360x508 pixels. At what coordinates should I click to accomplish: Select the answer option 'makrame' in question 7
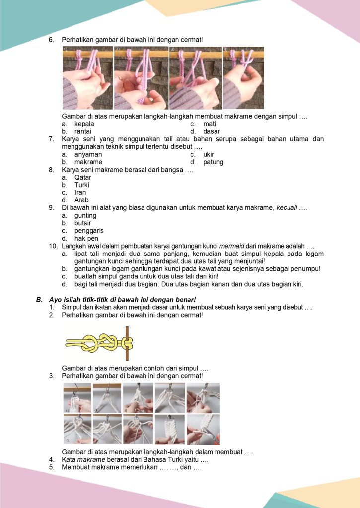(88, 162)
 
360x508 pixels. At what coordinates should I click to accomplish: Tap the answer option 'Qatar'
(83, 177)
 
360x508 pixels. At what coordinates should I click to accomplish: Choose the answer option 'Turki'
(82, 185)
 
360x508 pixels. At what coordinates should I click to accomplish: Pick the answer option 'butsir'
(83, 223)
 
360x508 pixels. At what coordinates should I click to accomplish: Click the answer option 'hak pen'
(85, 239)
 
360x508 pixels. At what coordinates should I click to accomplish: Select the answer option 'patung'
(214, 162)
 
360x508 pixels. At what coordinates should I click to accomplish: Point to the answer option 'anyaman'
(88, 154)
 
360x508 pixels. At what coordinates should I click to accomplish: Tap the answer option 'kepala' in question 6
(84, 124)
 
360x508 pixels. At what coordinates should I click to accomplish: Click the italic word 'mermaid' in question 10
(233, 246)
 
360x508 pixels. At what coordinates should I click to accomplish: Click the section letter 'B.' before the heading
(39, 299)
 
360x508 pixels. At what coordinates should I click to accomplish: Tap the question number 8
(51, 170)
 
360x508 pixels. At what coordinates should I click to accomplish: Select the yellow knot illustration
(94, 343)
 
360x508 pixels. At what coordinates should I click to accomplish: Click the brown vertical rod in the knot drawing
(127, 343)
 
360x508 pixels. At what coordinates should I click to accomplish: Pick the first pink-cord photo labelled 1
(87, 78)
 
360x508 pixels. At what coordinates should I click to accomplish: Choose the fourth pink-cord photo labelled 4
(243, 78)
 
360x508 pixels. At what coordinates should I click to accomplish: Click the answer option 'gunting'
(85, 216)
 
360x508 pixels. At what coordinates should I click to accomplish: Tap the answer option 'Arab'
(81, 200)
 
